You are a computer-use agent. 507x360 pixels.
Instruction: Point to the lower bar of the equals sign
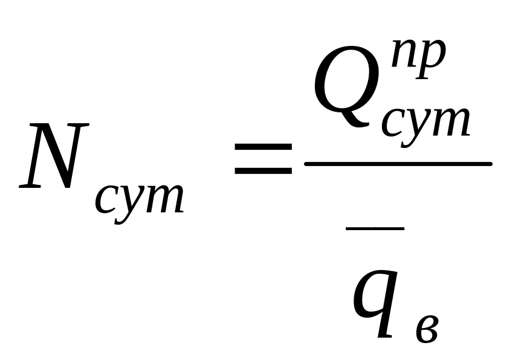[x=263, y=172]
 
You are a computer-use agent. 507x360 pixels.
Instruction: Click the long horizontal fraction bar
[x=399, y=164]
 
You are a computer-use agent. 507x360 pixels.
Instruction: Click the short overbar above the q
[x=375, y=228]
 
